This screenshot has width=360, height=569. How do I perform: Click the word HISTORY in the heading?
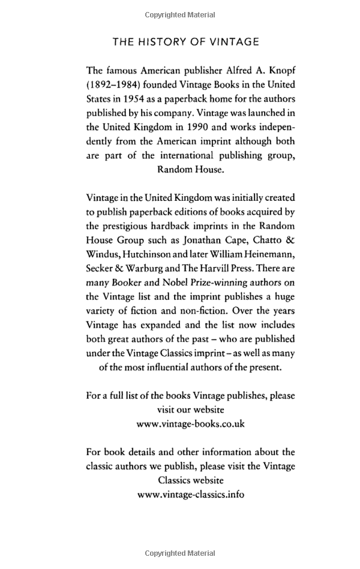coord(157,41)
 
